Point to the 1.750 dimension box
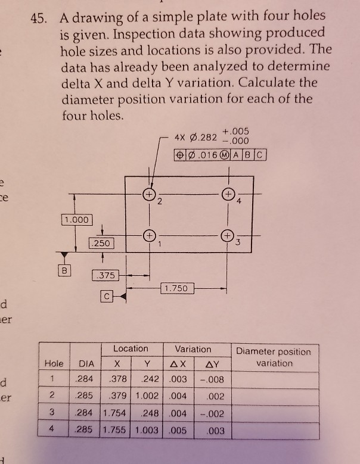point(176,288)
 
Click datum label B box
point(61,269)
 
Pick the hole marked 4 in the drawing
point(228,195)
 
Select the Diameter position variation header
point(274,357)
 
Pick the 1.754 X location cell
point(114,412)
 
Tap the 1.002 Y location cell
point(148,396)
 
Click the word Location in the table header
point(131,349)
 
